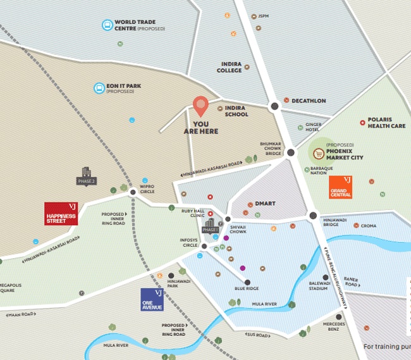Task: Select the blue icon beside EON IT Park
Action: point(98,88)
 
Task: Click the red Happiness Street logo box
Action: point(61,214)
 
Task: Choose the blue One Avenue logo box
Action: point(152,299)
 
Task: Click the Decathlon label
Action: point(309,101)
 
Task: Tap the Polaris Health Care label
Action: point(386,122)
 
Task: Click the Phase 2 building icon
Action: point(86,176)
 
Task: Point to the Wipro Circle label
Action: point(147,189)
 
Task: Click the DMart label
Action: point(265,204)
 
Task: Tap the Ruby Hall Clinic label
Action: point(194,213)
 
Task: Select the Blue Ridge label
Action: point(247,289)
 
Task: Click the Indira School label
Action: point(236,111)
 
